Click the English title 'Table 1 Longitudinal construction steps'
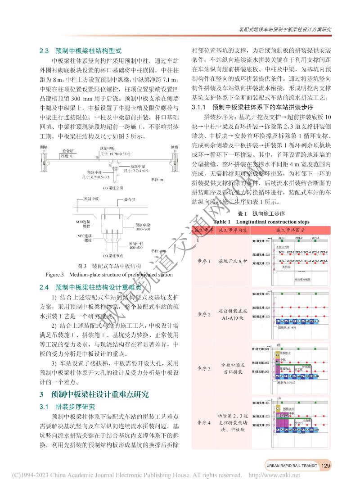[x=261, y=222]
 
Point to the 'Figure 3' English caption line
[x=109, y=274]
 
